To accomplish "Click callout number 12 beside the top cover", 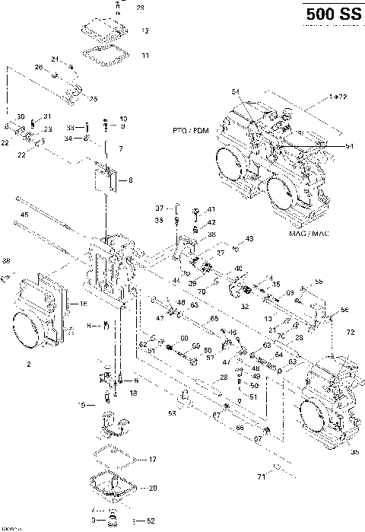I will (144, 30).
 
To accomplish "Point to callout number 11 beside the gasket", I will (144, 55).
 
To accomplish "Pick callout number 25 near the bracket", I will (93, 99).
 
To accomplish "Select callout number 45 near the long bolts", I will (24, 215).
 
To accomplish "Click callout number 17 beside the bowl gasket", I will (152, 459).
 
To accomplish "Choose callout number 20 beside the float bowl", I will (152, 488).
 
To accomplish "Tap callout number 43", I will (249, 239).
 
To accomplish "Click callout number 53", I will (172, 413).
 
